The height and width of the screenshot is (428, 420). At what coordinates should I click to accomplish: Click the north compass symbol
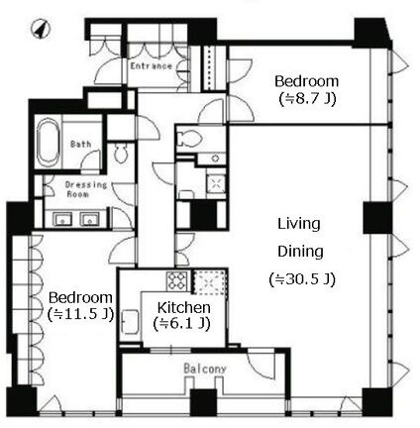click(41, 29)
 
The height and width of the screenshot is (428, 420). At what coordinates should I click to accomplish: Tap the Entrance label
click(152, 66)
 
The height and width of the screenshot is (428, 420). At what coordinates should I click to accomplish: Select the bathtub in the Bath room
click(49, 144)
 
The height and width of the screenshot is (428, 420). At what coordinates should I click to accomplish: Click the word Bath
click(81, 144)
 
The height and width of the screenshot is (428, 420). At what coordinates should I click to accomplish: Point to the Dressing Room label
click(86, 189)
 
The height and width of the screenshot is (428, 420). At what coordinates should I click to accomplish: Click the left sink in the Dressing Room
click(62, 219)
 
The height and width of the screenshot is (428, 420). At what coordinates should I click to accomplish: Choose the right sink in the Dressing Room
click(90, 219)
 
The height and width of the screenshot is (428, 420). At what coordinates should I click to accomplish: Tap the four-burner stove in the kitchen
click(177, 281)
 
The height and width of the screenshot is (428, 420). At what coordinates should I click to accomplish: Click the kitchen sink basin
click(130, 322)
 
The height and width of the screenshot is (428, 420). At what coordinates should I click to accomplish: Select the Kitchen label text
click(183, 307)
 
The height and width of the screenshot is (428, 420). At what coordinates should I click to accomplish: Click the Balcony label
click(205, 369)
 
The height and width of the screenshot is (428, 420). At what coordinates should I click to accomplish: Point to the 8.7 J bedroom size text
click(307, 98)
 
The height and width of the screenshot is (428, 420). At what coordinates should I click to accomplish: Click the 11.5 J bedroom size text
click(81, 314)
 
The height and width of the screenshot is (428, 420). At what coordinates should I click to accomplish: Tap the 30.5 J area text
click(302, 279)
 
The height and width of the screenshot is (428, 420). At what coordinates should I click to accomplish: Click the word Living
click(299, 225)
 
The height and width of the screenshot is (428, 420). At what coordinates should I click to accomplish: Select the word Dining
click(300, 252)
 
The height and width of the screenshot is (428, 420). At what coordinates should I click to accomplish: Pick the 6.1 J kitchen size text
click(182, 324)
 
